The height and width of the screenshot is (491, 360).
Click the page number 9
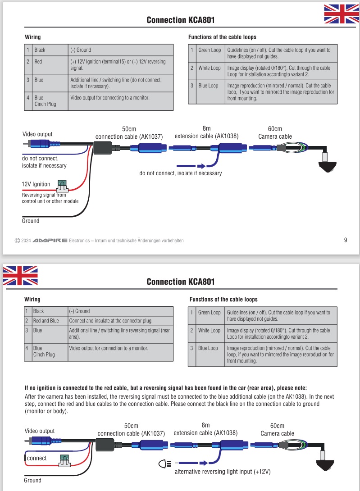click(x=346, y=240)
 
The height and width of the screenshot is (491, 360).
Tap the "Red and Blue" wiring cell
click(x=46, y=321)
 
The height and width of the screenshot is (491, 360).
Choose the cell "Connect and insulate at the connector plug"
click(x=110, y=321)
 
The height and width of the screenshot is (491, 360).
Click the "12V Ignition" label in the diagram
click(x=36, y=184)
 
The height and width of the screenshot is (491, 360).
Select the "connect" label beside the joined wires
click(x=36, y=458)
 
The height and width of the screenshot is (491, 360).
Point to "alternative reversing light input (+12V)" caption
click(x=223, y=472)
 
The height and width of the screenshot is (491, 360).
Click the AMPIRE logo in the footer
click(x=50, y=241)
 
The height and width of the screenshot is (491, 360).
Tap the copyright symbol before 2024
click(x=17, y=241)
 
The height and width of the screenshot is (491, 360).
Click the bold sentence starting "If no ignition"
click(x=165, y=387)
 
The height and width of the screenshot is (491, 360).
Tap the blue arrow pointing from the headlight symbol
click(x=191, y=463)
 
